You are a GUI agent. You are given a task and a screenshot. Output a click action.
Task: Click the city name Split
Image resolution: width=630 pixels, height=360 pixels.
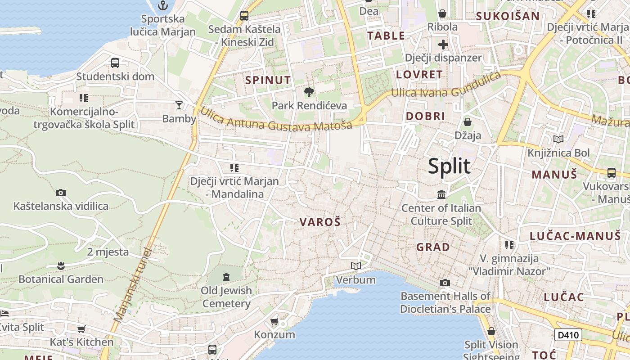coord(449,166)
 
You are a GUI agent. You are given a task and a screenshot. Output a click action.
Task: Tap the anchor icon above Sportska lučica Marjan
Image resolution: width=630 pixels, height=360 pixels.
coord(163,5)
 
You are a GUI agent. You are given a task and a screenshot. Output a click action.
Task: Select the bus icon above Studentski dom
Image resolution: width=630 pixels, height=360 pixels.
coord(115,63)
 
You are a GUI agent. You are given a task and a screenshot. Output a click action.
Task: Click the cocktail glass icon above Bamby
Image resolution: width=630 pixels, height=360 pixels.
coord(179,105)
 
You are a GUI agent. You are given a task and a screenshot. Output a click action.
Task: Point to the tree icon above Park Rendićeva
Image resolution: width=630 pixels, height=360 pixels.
coord(309,92)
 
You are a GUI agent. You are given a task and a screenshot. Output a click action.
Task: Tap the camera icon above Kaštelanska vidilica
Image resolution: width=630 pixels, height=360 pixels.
coord(61,193)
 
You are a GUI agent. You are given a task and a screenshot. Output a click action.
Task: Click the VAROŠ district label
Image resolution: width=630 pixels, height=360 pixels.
coord(320,222)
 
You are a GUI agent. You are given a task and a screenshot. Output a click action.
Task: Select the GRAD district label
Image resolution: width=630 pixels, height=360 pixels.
coord(433,247)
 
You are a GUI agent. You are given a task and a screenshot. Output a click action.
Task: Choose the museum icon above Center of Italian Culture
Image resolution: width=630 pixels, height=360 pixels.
coord(441,195)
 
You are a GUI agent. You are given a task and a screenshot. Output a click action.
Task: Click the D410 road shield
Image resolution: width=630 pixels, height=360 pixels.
coord(568,335)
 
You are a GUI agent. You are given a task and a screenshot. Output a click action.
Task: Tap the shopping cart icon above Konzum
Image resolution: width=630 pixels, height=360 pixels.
coord(274,321)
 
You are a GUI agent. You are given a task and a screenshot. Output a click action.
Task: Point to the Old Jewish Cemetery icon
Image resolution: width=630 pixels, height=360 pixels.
coord(226,276)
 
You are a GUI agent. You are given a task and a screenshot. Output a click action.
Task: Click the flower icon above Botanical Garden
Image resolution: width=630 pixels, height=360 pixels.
coord(61,266)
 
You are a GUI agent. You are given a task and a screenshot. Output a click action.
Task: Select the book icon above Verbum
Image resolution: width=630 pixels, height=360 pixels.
coord(356,266)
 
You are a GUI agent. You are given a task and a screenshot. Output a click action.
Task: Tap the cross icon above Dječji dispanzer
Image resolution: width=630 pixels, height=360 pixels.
coord(443,45)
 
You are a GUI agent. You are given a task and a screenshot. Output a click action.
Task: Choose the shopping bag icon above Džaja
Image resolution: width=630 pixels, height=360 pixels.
coord(468,122)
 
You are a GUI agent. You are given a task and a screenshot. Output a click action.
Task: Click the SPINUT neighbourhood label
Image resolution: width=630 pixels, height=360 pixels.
coord(268,81)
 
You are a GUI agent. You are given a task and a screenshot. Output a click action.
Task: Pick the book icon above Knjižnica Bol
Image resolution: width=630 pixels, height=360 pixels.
coord(558,139)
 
